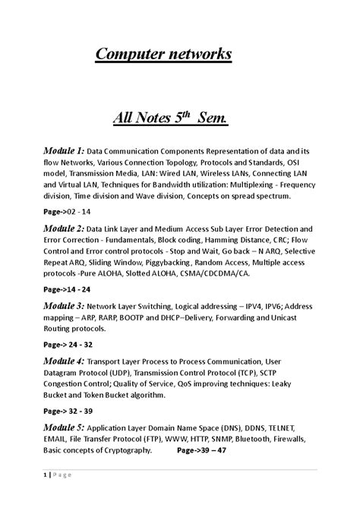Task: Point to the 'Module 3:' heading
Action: click(62, 306)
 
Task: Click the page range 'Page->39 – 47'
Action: click(201, 450)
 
